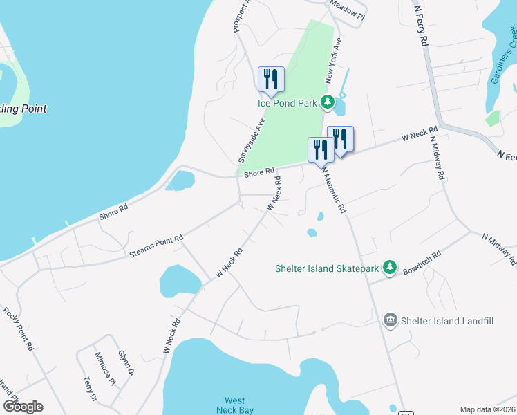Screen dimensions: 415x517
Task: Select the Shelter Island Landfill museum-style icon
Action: [x=390, y=320]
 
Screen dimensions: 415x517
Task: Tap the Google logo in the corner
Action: [x=23, y=406]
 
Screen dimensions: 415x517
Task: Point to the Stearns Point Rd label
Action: [x=156, y=247]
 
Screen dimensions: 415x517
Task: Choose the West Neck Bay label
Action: [x=235, y=405]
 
